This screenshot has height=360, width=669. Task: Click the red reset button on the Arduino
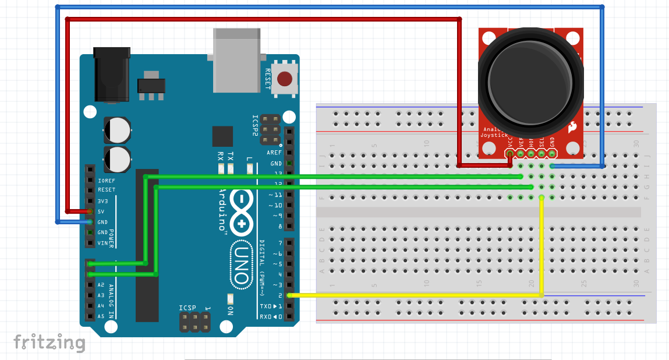[285, 79]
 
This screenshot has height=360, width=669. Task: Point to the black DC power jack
[111, 76]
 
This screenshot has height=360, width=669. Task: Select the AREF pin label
[274, 153]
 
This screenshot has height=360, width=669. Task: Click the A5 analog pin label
[101, 316]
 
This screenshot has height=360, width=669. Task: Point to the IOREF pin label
[107, 180]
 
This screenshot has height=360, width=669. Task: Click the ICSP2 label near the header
[254, 125]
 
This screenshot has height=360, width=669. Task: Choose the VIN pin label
[102, 243]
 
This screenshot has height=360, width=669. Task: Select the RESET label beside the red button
[268, 79]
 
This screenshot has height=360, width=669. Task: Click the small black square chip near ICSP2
[222, 136]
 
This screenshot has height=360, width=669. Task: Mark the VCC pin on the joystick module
[511, 154]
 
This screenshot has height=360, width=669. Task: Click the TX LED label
[231, 156]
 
